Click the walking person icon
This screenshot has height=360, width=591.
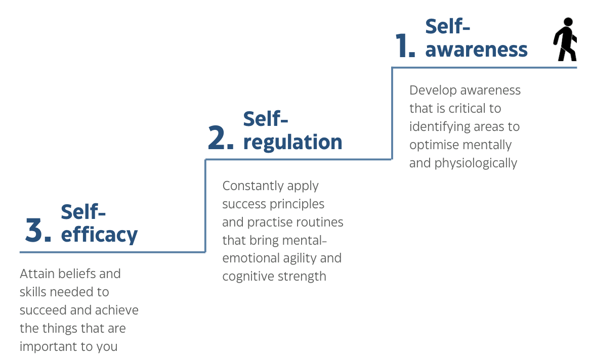[x=565, y=39]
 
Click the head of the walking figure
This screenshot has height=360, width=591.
[x=568, y=22]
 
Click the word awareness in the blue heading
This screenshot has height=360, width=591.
[x=477, y=50]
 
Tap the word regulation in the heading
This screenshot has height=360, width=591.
[x=293, y=142]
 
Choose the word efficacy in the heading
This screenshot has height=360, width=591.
[x=99, y=234]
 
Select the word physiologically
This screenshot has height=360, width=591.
[x=476, y=163]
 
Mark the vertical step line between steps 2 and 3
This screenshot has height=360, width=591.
[x=205, y=206]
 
